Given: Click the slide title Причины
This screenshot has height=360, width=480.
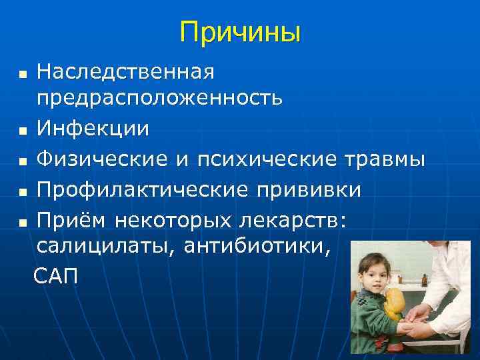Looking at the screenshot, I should [240, 31].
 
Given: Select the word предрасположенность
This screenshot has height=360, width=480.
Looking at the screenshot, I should [159, 99].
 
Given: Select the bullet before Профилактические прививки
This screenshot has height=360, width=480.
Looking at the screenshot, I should [23, 192].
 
